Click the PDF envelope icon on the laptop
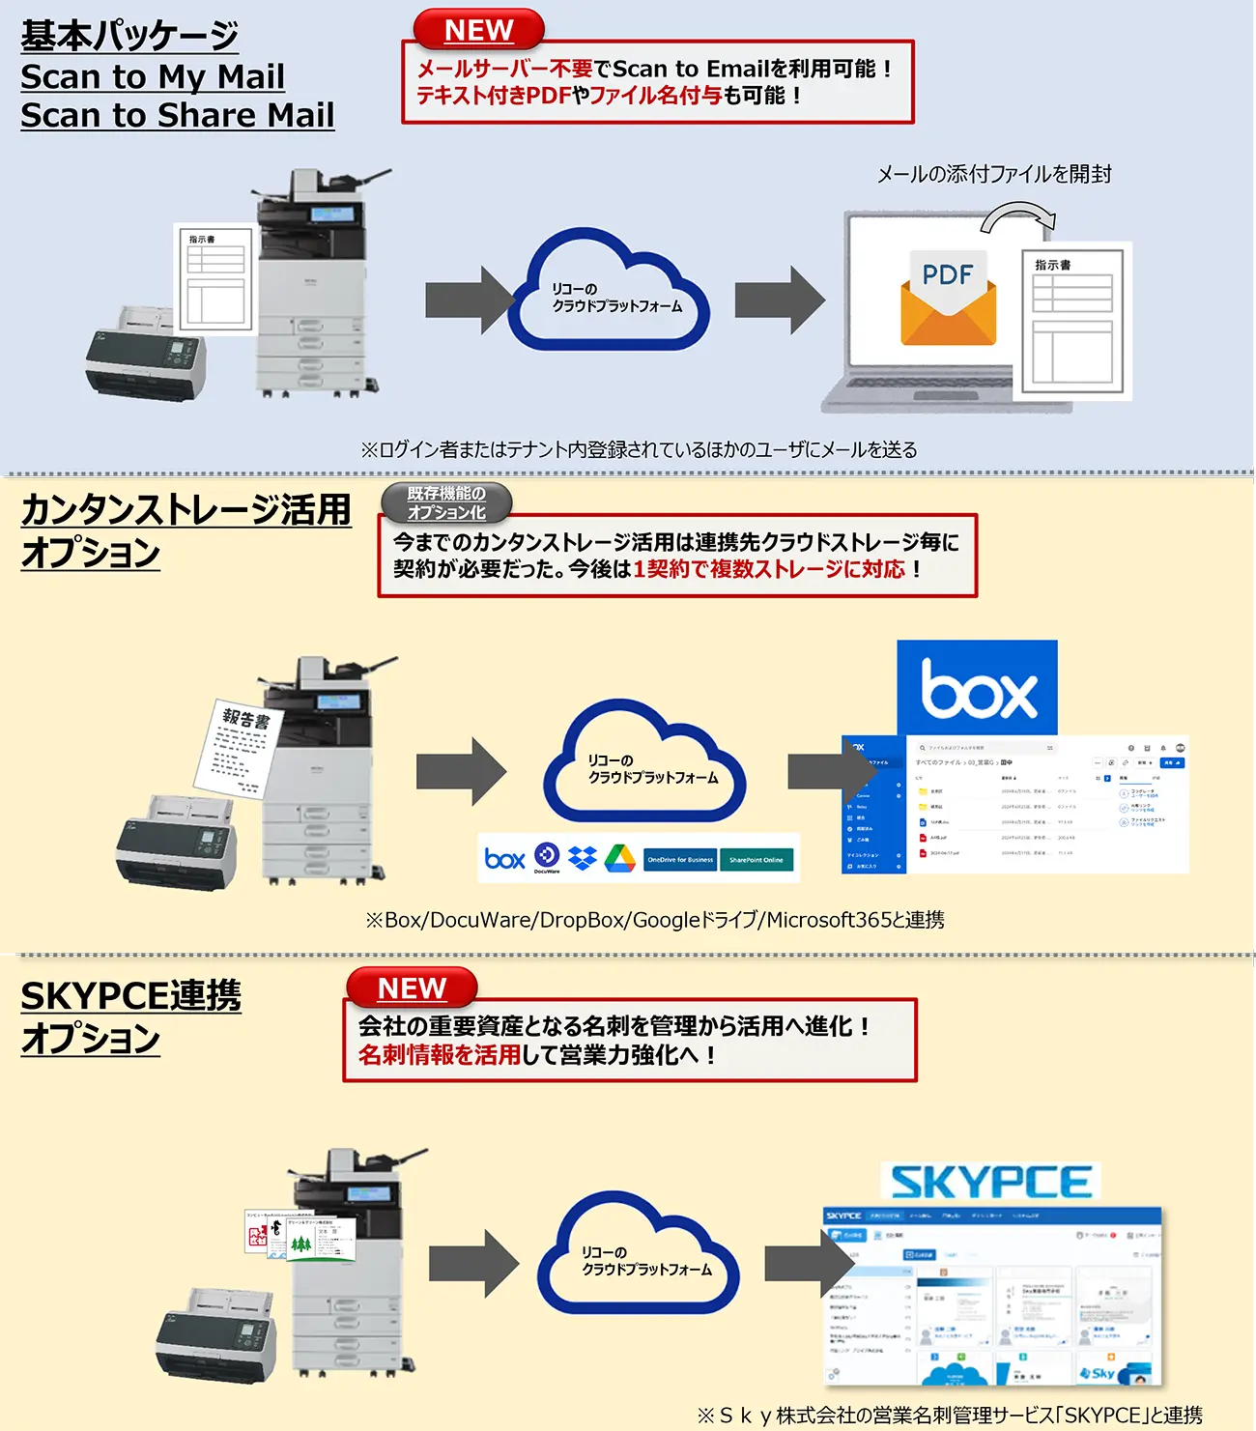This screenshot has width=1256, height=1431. tap(948, 297)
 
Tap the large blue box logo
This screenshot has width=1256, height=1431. tap(977, 688)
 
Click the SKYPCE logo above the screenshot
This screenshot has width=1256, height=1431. tap(990, 1182)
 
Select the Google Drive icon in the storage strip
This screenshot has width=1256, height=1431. tap(619, 858)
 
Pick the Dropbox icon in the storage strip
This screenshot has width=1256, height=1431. tap(583, 857)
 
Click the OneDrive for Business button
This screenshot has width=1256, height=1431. tap(680, 859)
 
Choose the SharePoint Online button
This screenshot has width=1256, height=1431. tap(756, 859)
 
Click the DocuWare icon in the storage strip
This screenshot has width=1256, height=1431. tap(547, 856)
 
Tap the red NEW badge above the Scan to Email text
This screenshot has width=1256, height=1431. tap(478, 30)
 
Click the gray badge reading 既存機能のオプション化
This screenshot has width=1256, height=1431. tap(446, 502)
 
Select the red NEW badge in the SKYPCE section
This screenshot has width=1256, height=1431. tap(412, 988)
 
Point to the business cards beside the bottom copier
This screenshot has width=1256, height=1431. tap(300, 1235)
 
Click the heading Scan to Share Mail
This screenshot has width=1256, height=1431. tap(178, 115)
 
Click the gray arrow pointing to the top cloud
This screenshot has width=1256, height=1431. tap(470, 301)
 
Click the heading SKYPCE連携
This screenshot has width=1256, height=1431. tap(131, 995)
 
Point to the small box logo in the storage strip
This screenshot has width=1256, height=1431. tap(504, 858)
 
